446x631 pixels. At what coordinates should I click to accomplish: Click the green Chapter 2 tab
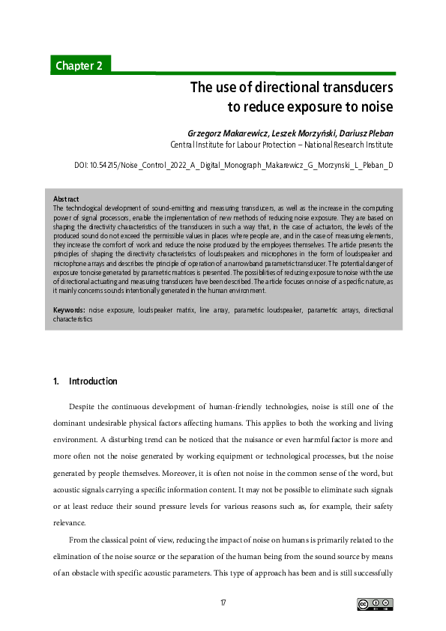79,65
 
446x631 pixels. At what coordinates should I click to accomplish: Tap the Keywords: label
70,309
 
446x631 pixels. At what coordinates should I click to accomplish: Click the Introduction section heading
93,381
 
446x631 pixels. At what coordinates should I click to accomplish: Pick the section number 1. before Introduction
56,381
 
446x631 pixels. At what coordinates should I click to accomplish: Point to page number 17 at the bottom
223,603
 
